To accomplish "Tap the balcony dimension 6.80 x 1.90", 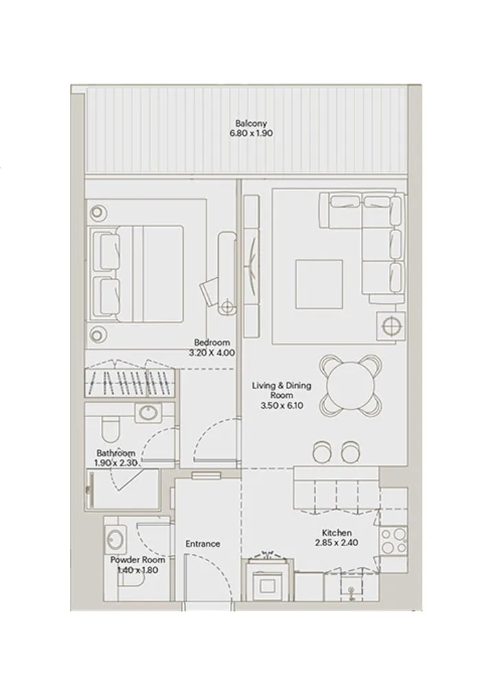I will coord(251,134).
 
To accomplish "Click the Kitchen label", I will coord(337,532).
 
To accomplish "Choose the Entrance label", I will coord(203,544).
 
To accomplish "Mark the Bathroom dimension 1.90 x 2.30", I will coord(116,463).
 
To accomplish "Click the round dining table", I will coord(351,385).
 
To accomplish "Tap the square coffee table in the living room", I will coord(319,284).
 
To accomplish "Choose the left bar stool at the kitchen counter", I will coord(321,450).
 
